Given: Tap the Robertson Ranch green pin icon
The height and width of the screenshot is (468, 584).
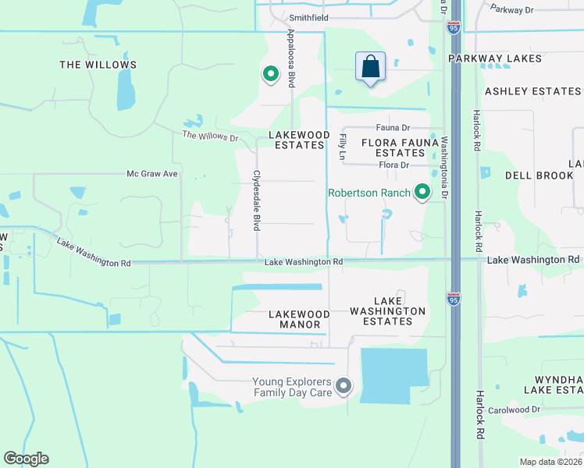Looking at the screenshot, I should [422, 191].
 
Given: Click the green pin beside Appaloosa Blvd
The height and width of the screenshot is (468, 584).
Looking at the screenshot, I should [271, 74].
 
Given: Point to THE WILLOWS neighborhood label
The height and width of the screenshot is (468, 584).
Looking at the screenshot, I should [98, 65].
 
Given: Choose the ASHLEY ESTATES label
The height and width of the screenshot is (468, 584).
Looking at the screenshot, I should [533, 91].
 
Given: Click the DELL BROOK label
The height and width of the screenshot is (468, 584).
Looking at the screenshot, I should [539, 175].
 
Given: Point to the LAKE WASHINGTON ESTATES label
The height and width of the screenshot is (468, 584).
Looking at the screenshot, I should [388, 311].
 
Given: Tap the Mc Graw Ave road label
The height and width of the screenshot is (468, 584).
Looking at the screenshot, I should [153, 174].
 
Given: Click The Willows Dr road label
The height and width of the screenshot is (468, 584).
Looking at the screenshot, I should [210, 136].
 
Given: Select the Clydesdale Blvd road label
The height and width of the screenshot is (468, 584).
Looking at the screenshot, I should [256, 200].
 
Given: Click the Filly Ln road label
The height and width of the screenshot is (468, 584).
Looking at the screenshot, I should [342, 147].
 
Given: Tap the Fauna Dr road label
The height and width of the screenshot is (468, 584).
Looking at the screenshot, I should [393, 127].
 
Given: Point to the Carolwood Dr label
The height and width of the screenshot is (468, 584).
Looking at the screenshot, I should [515, 409].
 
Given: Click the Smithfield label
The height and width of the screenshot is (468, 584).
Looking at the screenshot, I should [309, 17].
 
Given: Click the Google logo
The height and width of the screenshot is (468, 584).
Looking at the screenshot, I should [26, 459].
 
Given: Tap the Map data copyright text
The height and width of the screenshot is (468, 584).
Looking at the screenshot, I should [550, 462].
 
